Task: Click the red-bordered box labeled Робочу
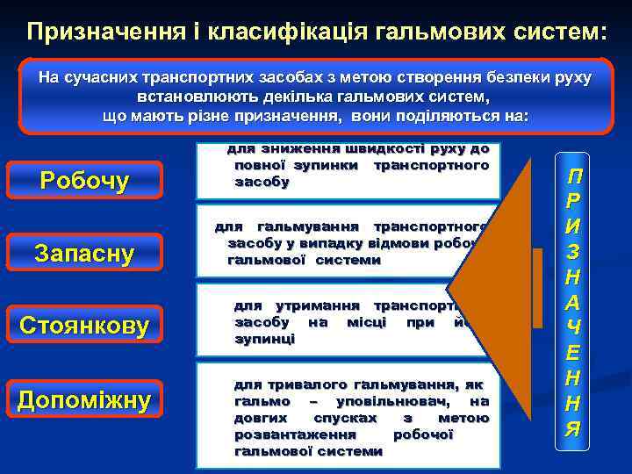[x=85, y=182]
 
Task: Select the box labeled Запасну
[x=84, y=255]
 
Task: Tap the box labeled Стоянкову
[x=84, y=327]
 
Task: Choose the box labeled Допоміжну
[x=84, y=400]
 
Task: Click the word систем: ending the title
[x=556, y=32]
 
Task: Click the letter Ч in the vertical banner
[x=573, y=329]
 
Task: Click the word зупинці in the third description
[x=264, y=339]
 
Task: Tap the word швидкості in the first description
[x=341, y=149]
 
